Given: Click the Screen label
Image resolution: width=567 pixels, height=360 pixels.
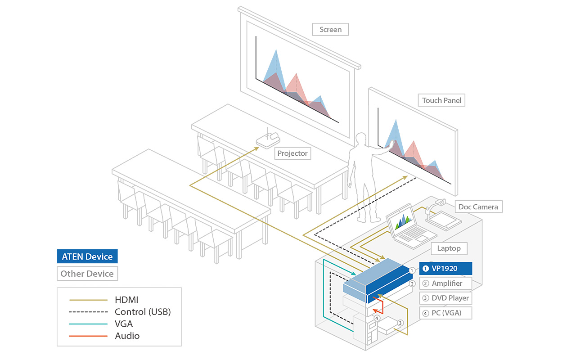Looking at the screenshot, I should click(330, 30).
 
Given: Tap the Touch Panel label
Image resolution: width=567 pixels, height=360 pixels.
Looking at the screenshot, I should click(441, 100).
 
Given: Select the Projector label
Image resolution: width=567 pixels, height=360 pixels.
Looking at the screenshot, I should click(292, 153).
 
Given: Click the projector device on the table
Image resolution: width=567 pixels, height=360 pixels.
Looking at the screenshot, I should click(268, 139).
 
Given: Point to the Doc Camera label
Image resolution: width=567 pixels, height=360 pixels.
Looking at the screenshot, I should click(478, 207).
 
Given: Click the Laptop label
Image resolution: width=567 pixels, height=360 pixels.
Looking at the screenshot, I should click(449, 248).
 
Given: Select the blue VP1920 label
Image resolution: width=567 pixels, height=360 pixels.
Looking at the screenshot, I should click(445, 269).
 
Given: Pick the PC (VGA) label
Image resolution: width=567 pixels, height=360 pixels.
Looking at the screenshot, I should click(445, 313).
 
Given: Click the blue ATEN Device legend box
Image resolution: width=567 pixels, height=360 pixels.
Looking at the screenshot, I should click(87, 256).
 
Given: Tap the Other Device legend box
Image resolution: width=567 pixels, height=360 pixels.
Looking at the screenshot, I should click(87, 274).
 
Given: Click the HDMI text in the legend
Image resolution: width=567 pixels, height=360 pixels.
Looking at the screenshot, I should click(127, 300).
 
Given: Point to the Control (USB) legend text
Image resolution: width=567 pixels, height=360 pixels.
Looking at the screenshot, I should click(143, 312).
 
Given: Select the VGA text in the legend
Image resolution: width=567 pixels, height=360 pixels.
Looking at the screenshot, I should click(124, 324).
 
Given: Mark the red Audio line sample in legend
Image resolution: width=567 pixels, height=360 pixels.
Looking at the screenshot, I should click(89, 336).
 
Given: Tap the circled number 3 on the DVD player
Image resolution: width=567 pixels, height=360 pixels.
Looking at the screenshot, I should click(400, 323).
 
